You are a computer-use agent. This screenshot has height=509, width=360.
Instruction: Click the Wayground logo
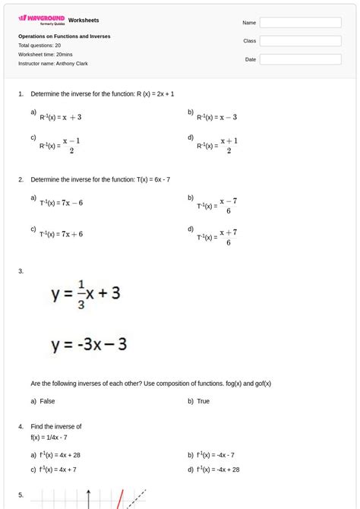[x=41, y=19]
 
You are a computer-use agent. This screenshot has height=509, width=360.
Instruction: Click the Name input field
[x=300, y=23]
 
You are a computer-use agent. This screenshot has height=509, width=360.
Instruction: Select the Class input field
[x=300, y=41]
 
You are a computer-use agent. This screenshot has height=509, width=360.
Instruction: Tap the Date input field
[x=300, y=59]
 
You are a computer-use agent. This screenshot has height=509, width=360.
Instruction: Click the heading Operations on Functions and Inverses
[x=64, y=36]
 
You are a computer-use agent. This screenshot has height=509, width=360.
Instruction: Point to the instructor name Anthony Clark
[x=53, y=64]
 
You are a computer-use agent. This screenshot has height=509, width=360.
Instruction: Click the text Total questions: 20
[x=39, y=46]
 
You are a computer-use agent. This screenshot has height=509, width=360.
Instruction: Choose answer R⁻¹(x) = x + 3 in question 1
[x=61, y=118]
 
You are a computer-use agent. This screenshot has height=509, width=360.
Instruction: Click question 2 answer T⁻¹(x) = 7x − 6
[x=62, y=203]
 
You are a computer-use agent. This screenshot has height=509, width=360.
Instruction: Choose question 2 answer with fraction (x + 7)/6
[x=218, y=237]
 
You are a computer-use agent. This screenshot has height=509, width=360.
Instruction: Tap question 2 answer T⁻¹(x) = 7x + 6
[x=62, y=234]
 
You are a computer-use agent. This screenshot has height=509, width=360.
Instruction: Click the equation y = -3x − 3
[x=89, y=344]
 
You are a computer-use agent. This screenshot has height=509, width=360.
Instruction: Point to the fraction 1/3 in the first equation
[x=81, y=294]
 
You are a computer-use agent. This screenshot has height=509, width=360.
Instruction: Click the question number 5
[x=21, y=495]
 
